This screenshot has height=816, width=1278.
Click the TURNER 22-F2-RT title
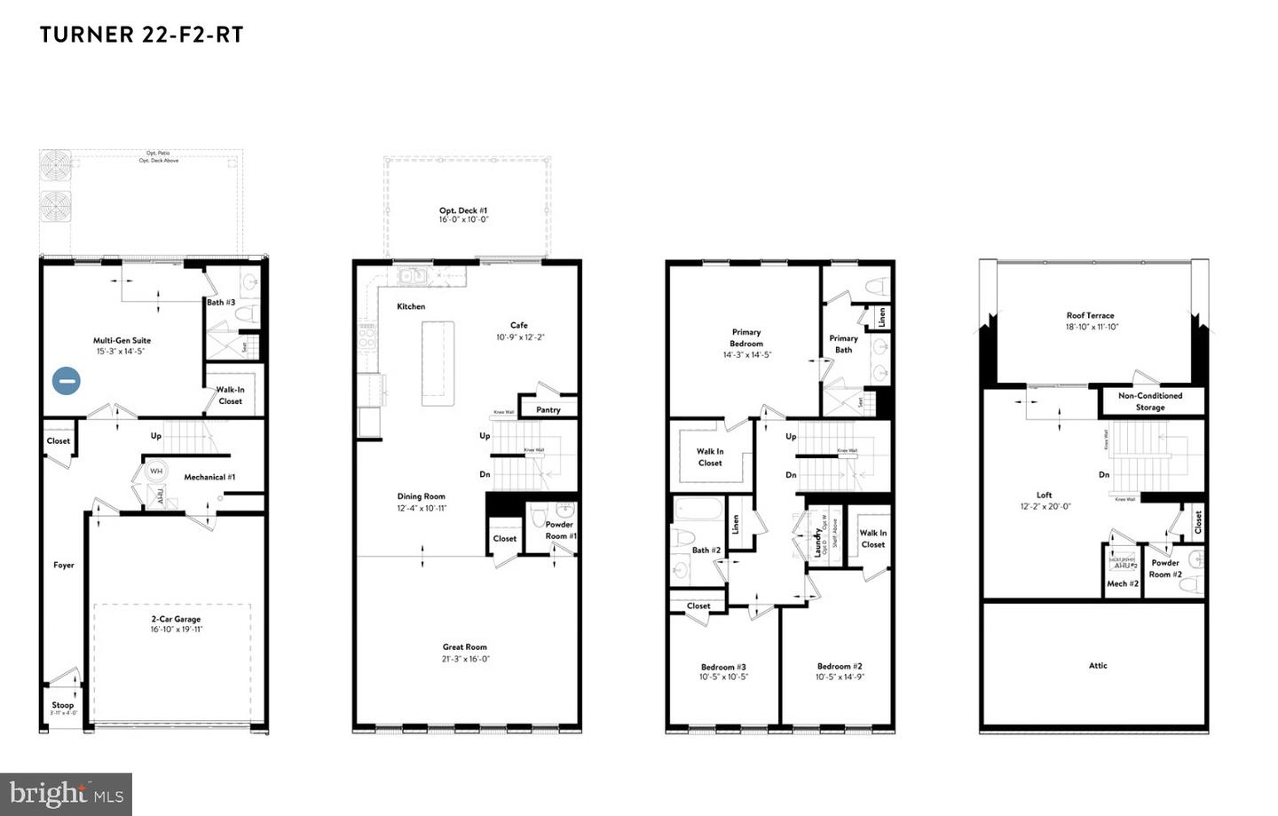(x=141, y=35)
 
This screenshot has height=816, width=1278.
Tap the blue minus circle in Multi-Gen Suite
(x=66, y=381)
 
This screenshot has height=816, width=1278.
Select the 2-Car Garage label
(x=175, y=619)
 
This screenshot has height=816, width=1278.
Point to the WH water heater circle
(x=156, y=471)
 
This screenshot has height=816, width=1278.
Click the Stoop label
(x=63, y=705)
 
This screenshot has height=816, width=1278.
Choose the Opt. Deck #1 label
(x=463, y=210)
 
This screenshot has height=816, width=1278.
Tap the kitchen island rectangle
(x=438, y=363)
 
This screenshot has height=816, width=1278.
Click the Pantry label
(x=548, y=409)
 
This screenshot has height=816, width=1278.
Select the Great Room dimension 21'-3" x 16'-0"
(x=465, y=659)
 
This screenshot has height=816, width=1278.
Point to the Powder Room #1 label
(x=560, y=530)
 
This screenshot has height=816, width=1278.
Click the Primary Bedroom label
(x=745, y=337)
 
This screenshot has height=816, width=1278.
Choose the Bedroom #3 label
(x=723, y=667)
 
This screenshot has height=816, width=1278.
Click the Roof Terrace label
(x=1090, y=315)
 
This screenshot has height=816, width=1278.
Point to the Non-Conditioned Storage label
(x=1150, y=401)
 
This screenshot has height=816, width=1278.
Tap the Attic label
(x=1098, y=665)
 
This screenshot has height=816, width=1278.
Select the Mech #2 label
(x=1123, y=583)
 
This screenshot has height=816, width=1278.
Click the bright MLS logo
(x=67, y=794)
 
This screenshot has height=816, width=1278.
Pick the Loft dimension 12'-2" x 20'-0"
(x=1045, y=506)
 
